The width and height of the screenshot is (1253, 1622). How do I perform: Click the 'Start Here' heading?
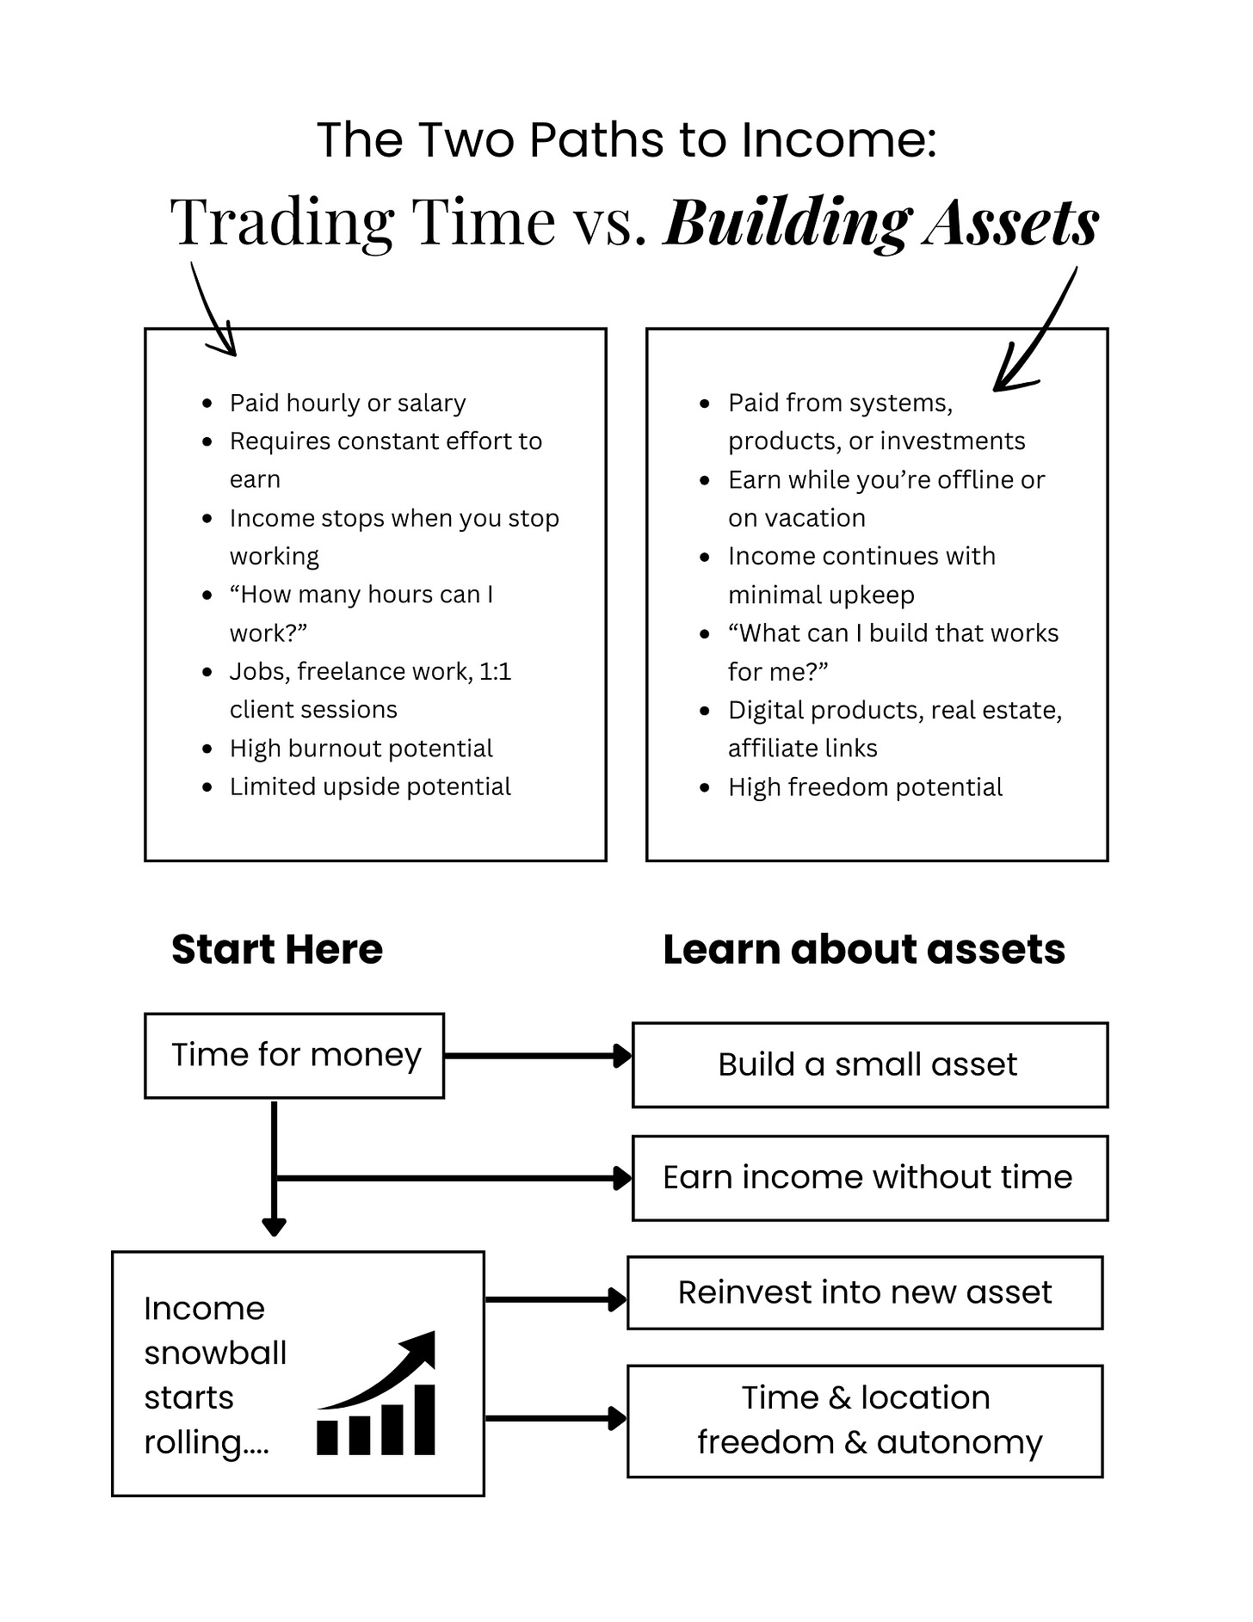point(276,949)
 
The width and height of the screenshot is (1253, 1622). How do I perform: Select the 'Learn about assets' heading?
point(863,949)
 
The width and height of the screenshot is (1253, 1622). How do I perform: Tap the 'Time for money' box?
point(294,1055)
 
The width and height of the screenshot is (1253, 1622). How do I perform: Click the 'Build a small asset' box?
point(869,1064)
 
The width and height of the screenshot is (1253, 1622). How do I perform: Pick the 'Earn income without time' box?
point(869,1177)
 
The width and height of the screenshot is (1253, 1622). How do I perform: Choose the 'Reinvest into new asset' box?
point(864,1292)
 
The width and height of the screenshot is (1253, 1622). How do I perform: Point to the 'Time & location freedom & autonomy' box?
point(864,1420)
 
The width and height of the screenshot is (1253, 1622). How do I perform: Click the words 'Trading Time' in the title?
point(362,222)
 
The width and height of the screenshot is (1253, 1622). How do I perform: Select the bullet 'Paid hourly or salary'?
point(347,403)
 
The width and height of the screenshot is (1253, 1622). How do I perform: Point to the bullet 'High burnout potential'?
point(361,749)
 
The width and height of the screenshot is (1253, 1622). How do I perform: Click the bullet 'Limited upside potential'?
point(370,786)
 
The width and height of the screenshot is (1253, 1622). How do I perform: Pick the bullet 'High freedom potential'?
point(865,786)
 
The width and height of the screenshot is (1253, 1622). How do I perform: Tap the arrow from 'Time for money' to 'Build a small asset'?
point(538,1056)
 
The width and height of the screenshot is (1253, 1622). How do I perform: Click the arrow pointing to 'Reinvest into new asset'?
point(555,1299)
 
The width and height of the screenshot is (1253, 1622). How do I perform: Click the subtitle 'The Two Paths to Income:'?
point(626,139)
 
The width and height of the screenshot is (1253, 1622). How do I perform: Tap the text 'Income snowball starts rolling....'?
point(215,1374)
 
